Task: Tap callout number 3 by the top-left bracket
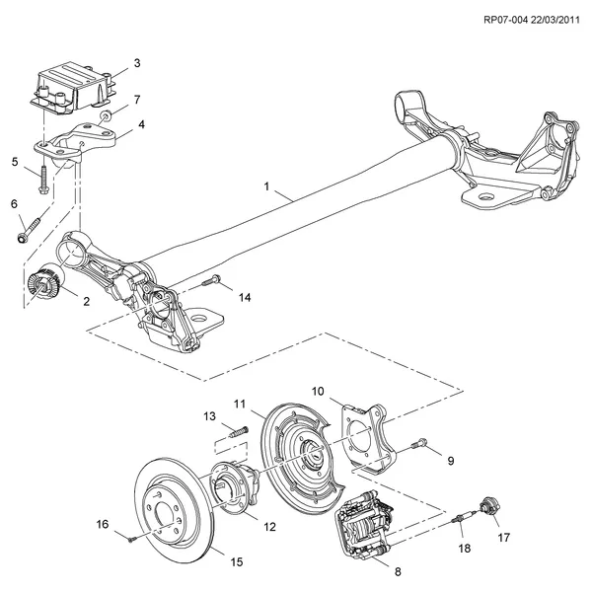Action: (x=137, y=62)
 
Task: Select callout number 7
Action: (x=137, y=100)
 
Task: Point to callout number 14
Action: (x=245, y=297)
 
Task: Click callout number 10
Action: (x=319, y=392)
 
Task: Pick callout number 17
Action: (x=504, y=538)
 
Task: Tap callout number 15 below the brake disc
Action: (x=236, y=562)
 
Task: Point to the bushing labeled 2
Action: (x=44, y=283)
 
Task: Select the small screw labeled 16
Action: (x=130, y=537)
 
